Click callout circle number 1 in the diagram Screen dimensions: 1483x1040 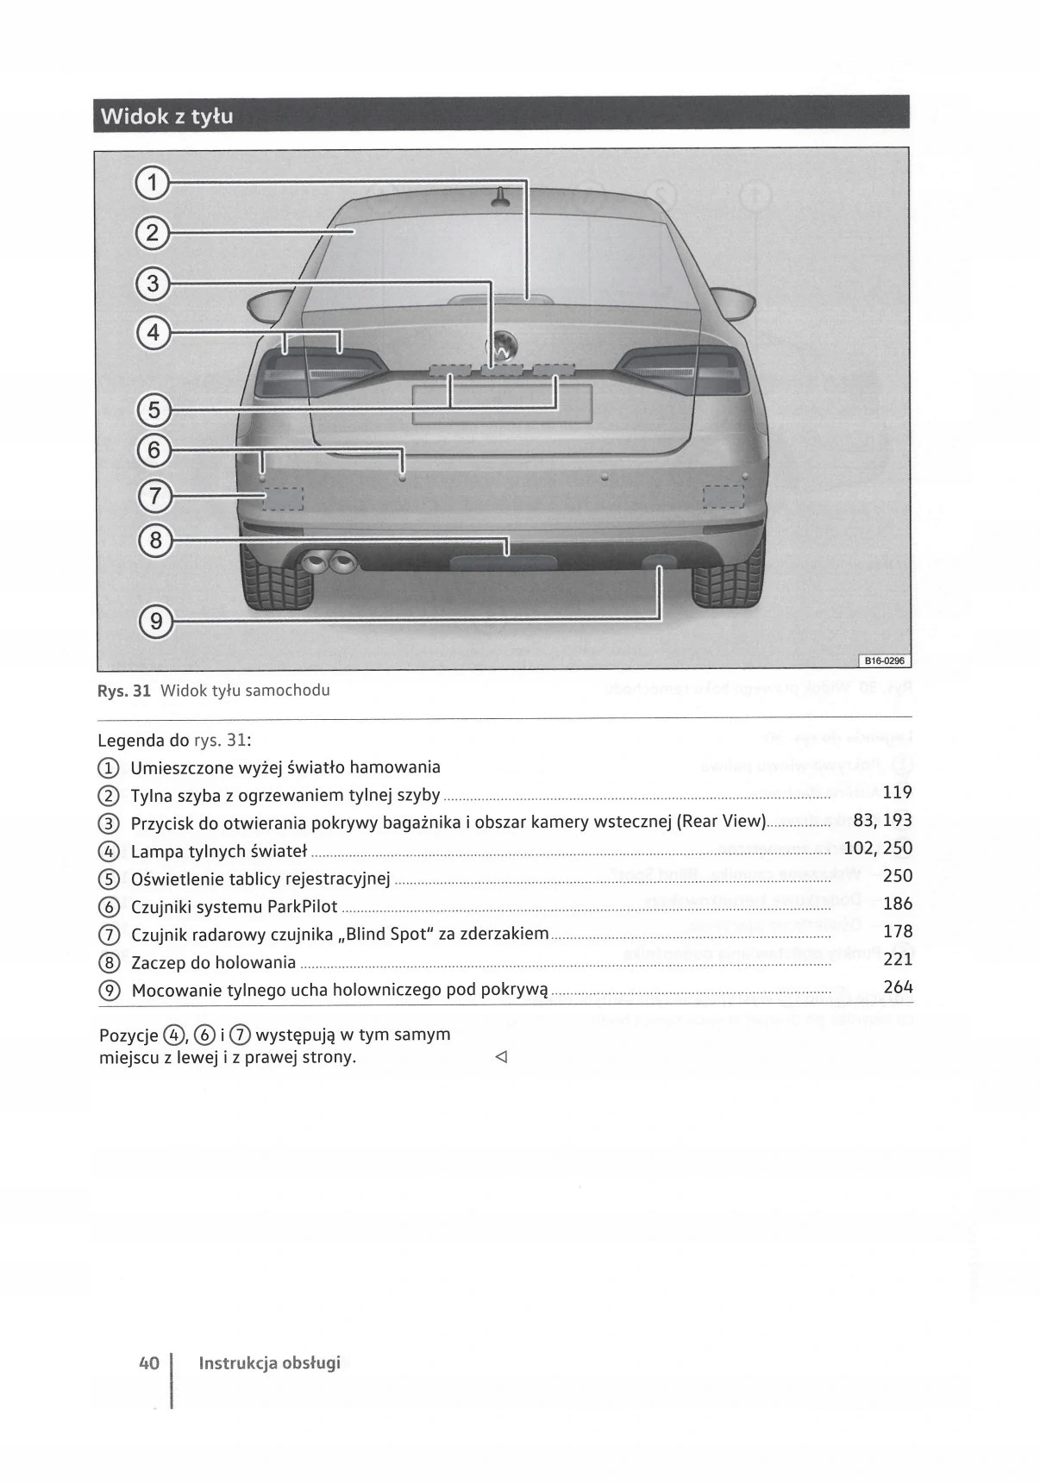click(x=153, y=183)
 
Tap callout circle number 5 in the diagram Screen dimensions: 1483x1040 click(x=153, y=410)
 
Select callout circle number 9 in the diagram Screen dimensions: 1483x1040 click(x=155, y=620)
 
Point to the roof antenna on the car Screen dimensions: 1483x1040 click(x=501, y=198)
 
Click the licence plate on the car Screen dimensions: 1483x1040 click(x=502, y=404)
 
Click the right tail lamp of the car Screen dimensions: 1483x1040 click(x=681, y=372)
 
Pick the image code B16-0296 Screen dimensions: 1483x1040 click(x=882, y=661)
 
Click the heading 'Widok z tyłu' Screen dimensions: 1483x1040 click(x=166, y=116)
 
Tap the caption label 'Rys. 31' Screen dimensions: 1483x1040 click(x=125, y=691)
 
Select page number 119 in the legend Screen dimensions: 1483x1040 click(x=897, y=792)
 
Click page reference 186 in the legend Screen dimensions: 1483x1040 click(x=897, y=904)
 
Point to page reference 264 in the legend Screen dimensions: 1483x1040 click(x=897, y=987)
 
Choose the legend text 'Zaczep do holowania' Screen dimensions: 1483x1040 click(x=213, y=962)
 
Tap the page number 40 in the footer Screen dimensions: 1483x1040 click(x=148, y=1363)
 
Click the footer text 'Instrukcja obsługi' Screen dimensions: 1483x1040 click(x=269, y=1363)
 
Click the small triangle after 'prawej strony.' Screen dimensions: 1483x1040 click(x=501, y=1057)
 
